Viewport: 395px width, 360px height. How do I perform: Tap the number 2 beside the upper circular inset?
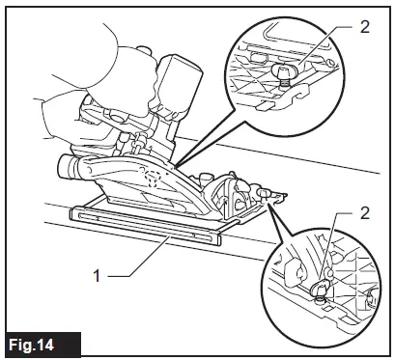[363, 27]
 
